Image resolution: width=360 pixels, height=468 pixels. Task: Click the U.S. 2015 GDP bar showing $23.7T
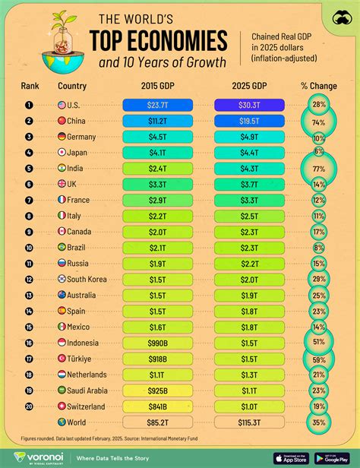157,105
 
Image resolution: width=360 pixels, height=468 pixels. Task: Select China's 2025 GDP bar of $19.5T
249,120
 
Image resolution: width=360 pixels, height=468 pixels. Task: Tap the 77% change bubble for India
318,168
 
